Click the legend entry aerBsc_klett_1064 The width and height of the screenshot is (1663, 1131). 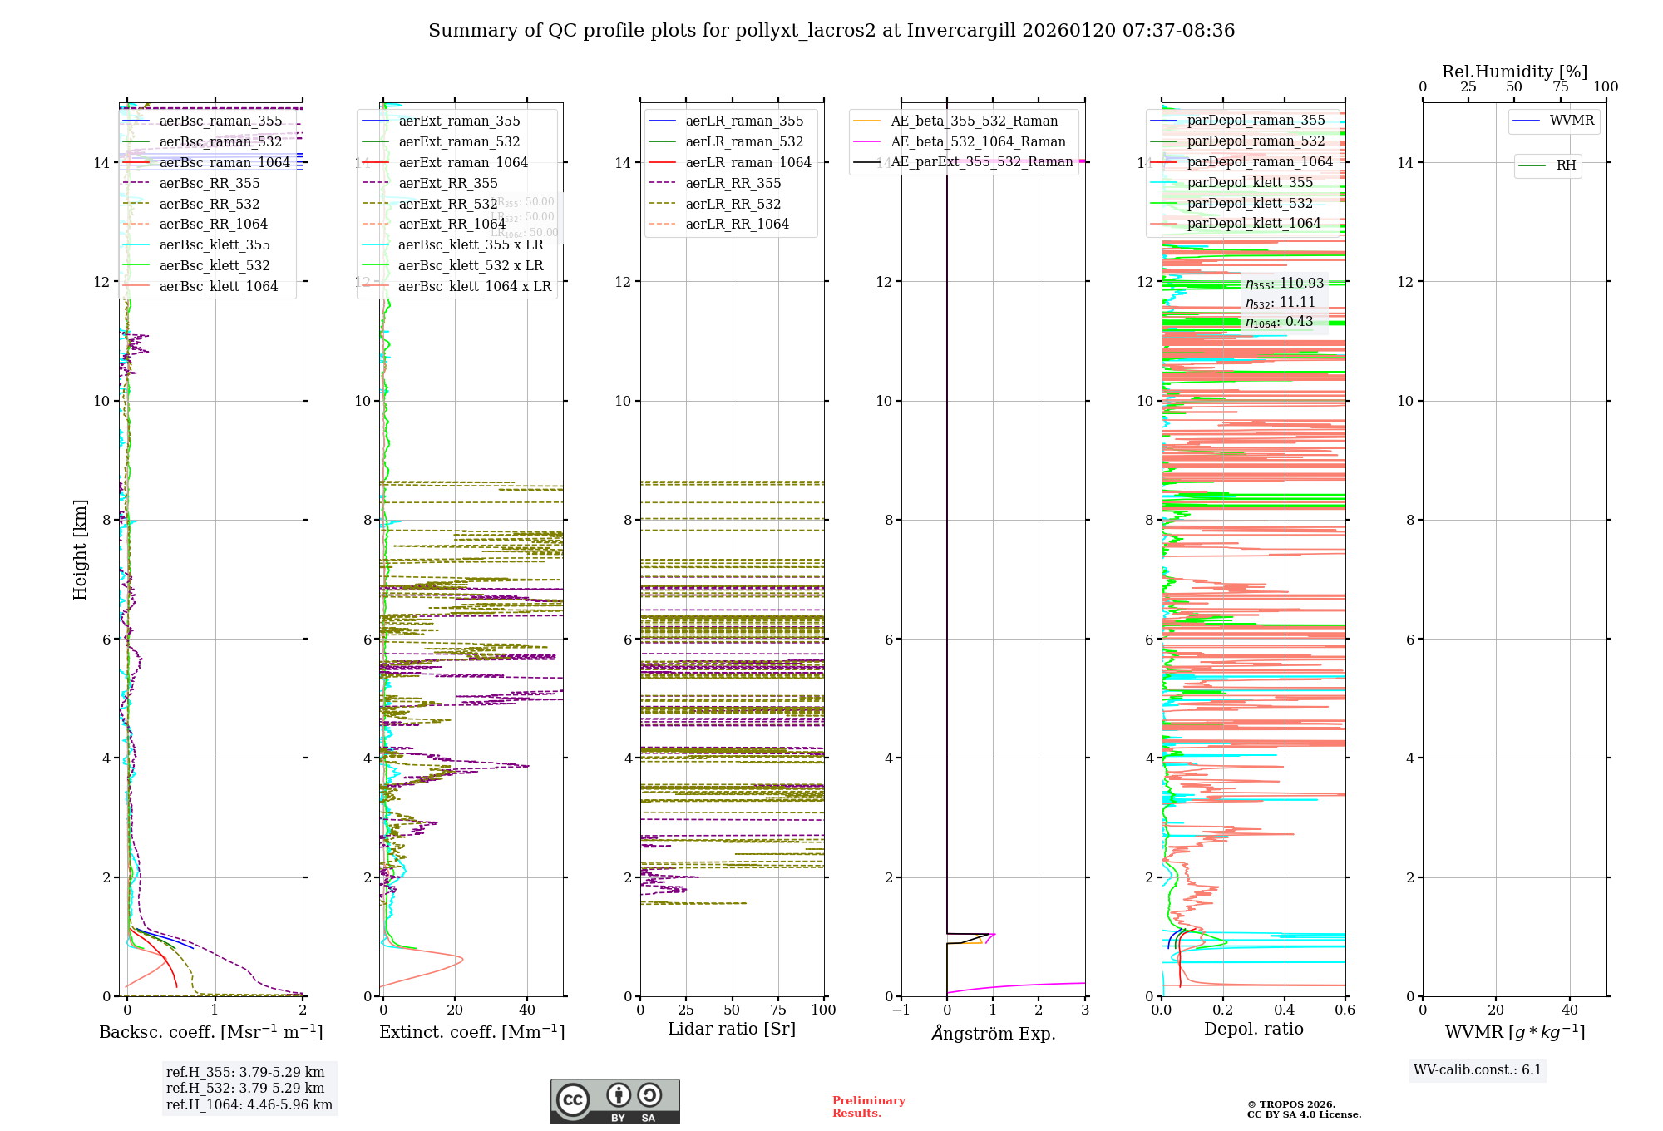[x=218, y=286]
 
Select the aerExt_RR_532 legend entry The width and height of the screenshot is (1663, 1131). [x=447, y=204]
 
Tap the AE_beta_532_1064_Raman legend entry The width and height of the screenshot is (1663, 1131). [x=978, y=141]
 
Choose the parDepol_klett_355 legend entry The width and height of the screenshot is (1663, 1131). [x=1249, y=182]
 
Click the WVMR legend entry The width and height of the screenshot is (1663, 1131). [x=1572, y=121]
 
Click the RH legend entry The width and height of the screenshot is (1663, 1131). [x=1566, y=165]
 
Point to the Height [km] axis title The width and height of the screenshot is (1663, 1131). [x=80, y=549]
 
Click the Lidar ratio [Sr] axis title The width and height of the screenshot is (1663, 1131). [x=732, y=1029]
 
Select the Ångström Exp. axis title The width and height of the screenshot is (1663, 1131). [x=993, y=1033]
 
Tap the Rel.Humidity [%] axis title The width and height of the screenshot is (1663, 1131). [x=1514, y=72]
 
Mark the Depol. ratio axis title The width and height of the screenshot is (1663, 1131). [x=1253, y=1029]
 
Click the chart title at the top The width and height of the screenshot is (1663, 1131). [x=831, y=31]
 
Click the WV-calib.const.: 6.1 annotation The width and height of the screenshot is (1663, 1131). [x=1478, y=1070]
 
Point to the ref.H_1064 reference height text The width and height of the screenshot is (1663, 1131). [x=249, y=1104]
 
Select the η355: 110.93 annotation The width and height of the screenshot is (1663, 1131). [x=1284, y=284]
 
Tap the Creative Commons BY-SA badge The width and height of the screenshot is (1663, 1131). [x=614, y=1101]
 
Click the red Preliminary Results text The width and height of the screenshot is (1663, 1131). [x=868, y=1107]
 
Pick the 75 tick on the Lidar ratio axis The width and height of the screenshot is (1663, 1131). [x=778, y=1010]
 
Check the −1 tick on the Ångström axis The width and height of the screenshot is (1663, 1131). [x=901, y=1010]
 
